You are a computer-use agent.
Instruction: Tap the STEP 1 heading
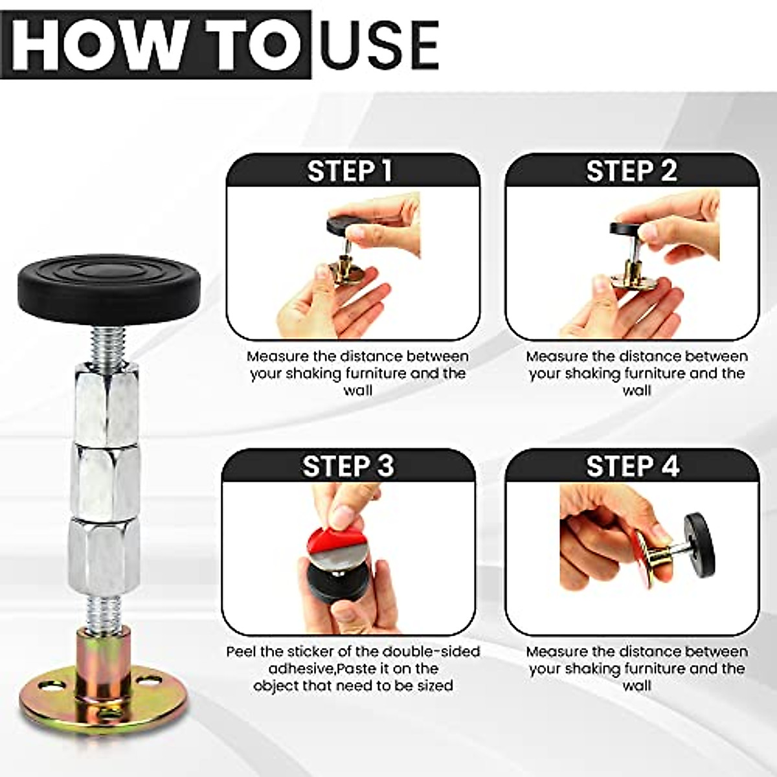350,171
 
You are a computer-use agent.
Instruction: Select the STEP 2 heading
631,171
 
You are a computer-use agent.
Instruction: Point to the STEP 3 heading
348,466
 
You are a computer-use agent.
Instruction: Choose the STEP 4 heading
632,466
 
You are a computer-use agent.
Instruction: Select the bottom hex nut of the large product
104,550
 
